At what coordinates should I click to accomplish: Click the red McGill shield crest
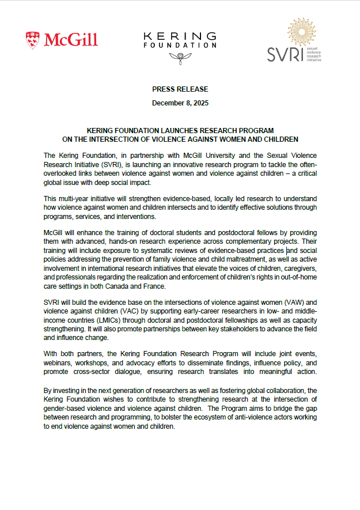[33, 40]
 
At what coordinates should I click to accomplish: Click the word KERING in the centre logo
[180, 36]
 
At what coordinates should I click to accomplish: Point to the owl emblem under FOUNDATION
[180, 56]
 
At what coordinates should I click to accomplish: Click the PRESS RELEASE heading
[180, 89]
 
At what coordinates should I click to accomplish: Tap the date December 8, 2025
[180, 103]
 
